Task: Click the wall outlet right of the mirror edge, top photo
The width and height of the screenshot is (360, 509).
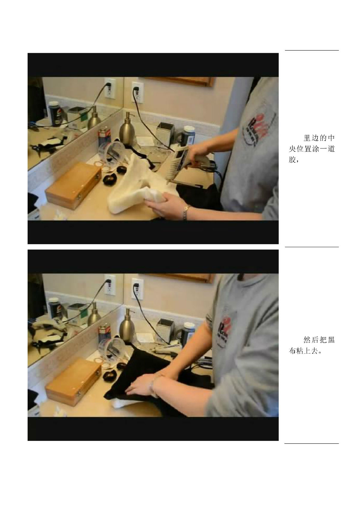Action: [138, 92]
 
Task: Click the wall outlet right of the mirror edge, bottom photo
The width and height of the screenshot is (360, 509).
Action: [138, 289]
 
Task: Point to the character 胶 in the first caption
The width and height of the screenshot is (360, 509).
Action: [292, 160]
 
